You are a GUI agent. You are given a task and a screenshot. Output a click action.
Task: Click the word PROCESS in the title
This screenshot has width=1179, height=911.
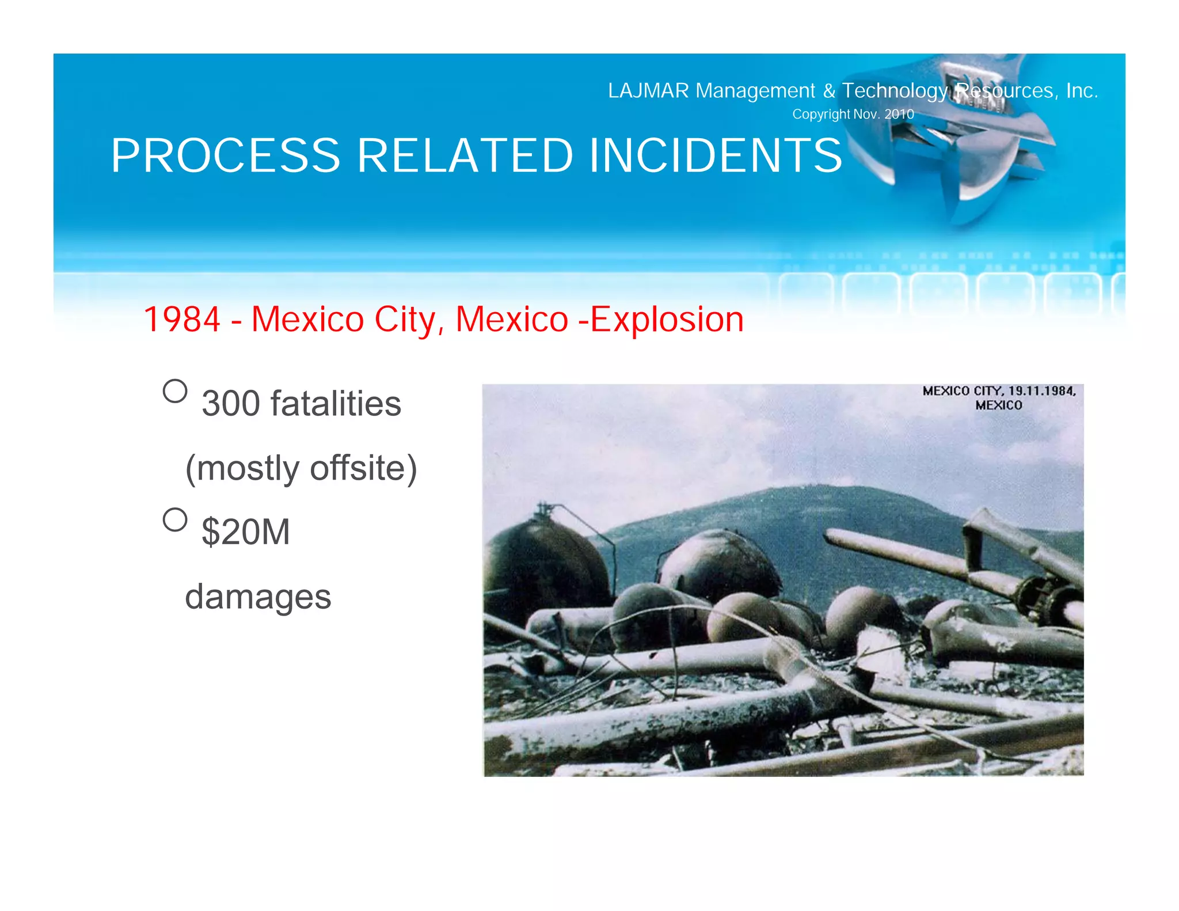pos(226,156)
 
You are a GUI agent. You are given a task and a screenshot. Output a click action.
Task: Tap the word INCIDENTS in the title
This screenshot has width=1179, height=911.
pos(716,156)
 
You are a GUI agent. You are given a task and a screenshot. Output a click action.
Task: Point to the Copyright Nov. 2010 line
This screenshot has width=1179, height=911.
pos(853,114)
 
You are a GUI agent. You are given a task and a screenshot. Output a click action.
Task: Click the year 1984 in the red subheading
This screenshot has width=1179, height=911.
pos(181,320)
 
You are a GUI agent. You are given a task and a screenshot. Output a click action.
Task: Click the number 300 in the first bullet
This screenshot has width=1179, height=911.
pos(231,404)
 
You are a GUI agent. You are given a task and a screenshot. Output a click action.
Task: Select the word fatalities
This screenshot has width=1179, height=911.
pos(336,404)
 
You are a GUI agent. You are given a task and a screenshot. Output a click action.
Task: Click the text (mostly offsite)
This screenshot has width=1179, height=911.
pos(301,468)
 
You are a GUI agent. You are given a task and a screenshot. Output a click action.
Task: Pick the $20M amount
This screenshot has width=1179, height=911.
pos(246,532)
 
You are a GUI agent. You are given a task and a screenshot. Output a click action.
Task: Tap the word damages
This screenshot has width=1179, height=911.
pos(258,597)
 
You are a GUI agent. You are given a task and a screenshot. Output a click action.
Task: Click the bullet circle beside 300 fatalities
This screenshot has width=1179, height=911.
pos(175,391)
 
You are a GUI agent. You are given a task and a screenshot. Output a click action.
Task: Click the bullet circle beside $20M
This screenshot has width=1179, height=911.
pos(175,519)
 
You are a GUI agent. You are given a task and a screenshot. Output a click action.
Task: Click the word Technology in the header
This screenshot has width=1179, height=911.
pos(895,91)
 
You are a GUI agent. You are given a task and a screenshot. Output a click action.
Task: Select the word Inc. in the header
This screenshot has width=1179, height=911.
pos(1082,91)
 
